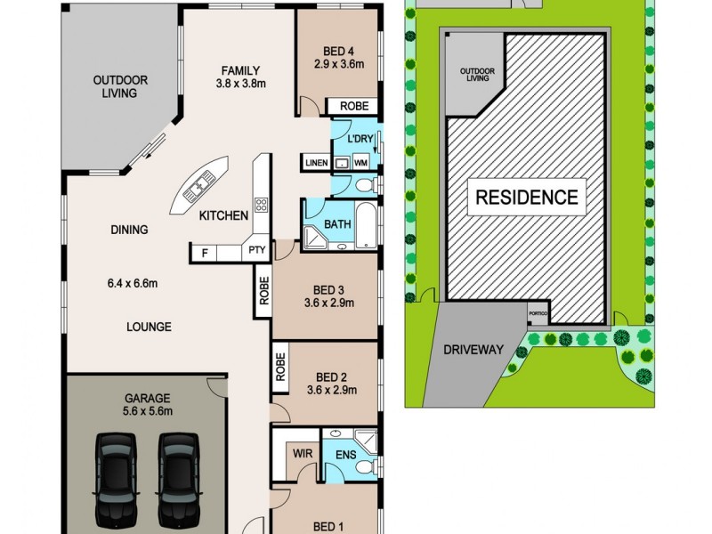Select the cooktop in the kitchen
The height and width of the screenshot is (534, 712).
point(262,205)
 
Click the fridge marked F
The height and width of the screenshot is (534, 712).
point(205,254)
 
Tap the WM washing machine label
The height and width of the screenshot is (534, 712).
point(361,163)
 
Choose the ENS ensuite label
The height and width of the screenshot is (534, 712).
point(344,454)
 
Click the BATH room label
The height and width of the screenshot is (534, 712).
point(336,224)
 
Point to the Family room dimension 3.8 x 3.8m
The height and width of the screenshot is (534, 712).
point(242,85)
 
